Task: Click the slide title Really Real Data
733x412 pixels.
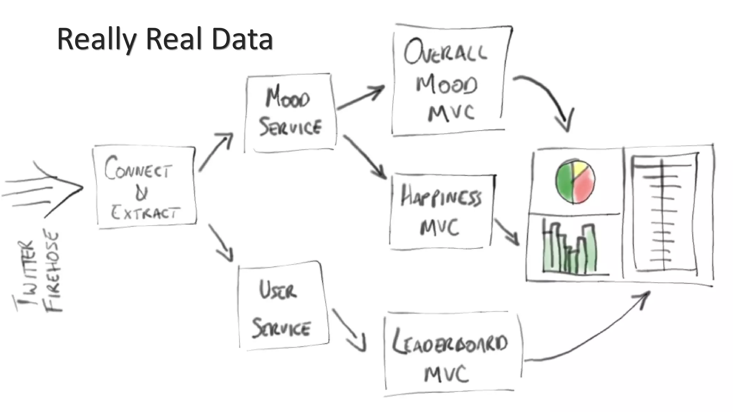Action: [x=165, y=39]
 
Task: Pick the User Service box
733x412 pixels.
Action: [x=283, y=306]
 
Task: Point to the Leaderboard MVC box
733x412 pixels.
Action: [x=451, y=354]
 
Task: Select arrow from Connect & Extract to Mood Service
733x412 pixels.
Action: [x=215, y=152]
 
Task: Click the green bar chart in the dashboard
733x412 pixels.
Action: [x=569, y=250]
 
